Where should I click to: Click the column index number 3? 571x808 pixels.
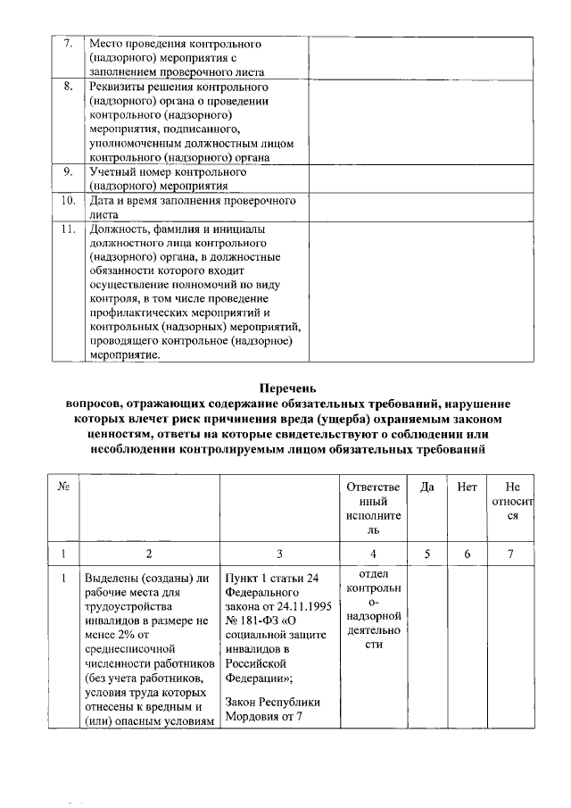tap(279, 554)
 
